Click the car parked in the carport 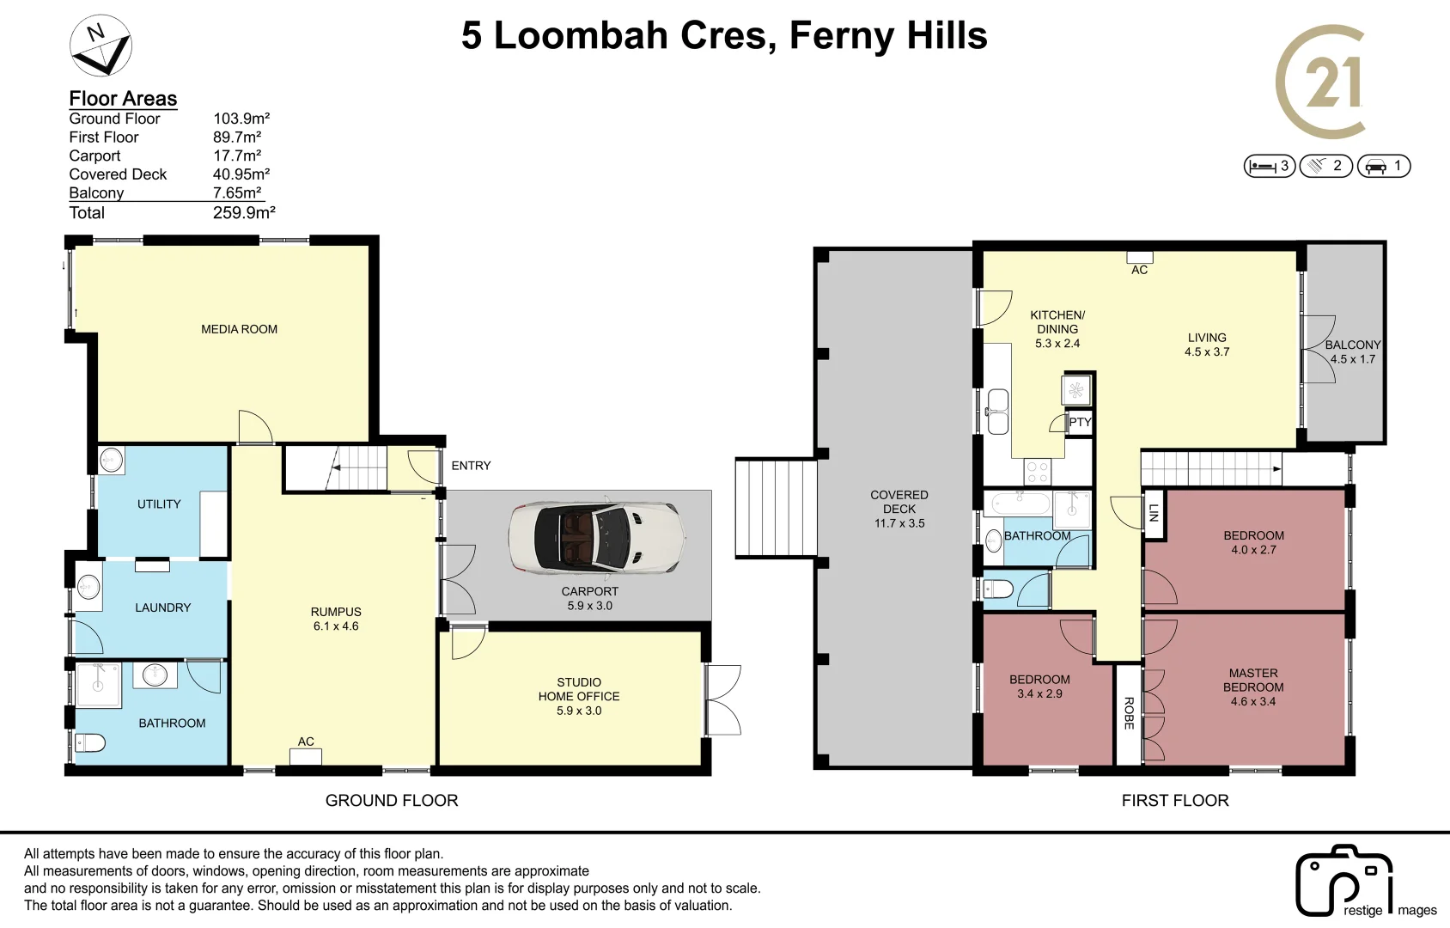tap(597, 537)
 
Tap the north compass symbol tap(101, 46)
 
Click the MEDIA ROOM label tap(239, 329)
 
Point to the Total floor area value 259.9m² tap(244, 213)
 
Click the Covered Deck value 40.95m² tap(241, 174)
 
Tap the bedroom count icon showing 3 tap(1269, 166)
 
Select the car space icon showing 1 tap(1383, 166)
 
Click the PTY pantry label tap(1080, 422)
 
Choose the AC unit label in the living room tap(1139, 270)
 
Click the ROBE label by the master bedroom tap(1129, 713)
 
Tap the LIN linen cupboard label tap(1154, 513)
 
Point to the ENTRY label tap(471, 466)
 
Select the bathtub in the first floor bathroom tap(1017, 503)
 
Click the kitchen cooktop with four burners tap(1038, 472)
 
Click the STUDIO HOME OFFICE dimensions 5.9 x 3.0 tap(579, 711)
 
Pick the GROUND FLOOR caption tap(391, 801)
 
